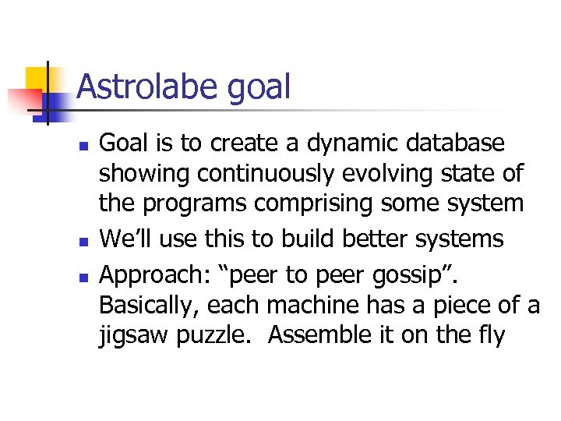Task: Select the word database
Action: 455,144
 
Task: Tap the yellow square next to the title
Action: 37,80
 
